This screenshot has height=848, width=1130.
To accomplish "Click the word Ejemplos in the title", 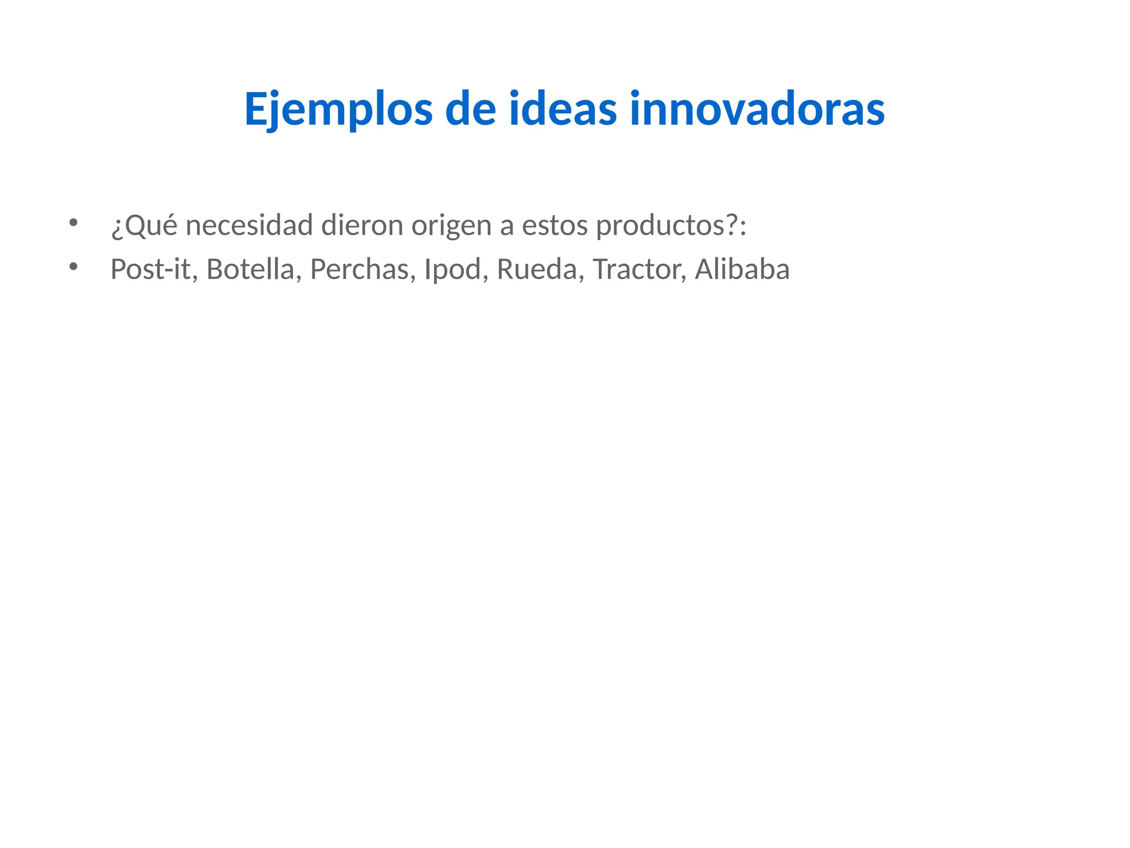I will tap(338, 109).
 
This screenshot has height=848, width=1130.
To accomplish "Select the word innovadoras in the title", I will tap(757, 109).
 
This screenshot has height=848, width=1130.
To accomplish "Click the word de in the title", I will tap(471, 109).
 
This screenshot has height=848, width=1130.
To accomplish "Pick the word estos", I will tap(555, 225).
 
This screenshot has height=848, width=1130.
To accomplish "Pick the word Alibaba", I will tap(742, 269).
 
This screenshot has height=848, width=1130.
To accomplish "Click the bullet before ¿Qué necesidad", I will tap(73, 223).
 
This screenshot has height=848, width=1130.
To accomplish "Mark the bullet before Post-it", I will tap(73, 267).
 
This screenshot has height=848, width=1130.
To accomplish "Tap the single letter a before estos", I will tap(507, 226).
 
